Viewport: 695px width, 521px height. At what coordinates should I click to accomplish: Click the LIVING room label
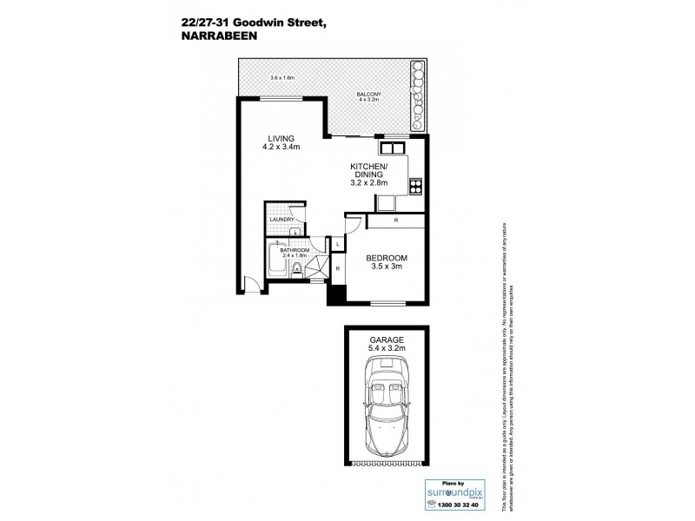(281, 138)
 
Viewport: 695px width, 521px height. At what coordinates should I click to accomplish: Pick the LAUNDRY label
(281, 221)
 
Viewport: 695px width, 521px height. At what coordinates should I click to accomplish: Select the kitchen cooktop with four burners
(415, 184)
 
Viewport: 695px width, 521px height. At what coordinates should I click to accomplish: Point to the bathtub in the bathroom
(275, 264)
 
